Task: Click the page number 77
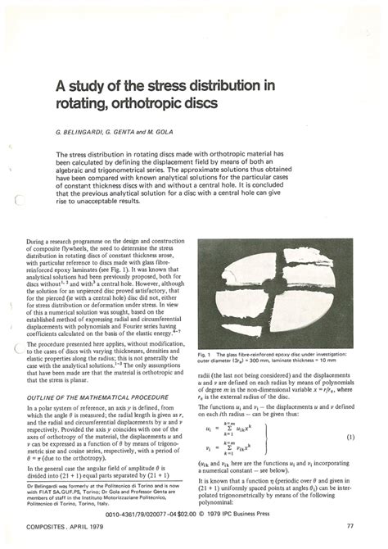tap(350, 525)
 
